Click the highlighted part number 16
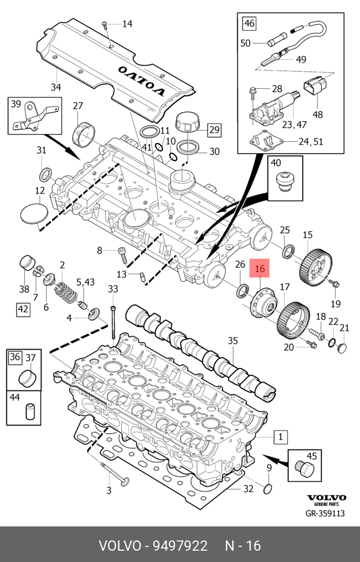[x=260, y=269]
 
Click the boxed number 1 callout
[x=280, y=437]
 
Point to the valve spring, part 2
[x=66, y=292]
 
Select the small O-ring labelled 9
[x=268, y=489]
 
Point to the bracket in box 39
[x=34, y=117]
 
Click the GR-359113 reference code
[x=325, y=514]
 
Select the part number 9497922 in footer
[x=180, y=546]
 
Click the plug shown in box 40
[x=286, y=182]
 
